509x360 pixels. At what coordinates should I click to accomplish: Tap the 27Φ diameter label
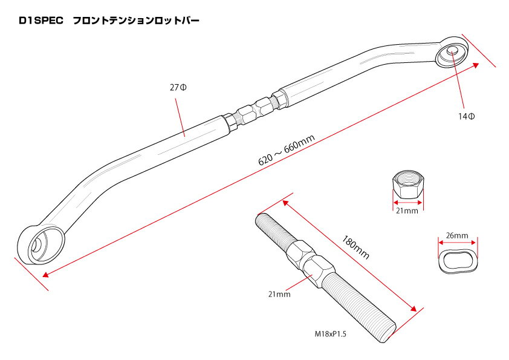coord(178,87)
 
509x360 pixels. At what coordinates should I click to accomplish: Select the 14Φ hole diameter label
coord(467,116)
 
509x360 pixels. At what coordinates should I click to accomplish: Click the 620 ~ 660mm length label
coord(287,150)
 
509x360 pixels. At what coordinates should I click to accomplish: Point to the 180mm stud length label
coord(355,247)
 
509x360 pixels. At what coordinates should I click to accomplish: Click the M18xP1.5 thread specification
coord(331,334)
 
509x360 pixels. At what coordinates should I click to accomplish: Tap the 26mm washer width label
coord(457,235)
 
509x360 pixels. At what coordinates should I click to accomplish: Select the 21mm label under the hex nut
coord(407,211)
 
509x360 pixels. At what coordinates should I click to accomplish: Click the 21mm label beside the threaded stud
coord(279,295)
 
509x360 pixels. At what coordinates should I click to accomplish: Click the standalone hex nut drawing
coord(407,185)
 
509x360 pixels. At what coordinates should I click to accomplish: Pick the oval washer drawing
coord(458,259)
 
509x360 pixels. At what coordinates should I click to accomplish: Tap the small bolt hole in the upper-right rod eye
coord(452,51)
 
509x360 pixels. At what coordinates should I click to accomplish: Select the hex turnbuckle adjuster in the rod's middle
coord(254,111)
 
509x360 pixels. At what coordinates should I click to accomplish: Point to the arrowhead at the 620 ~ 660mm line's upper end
coord(475,65)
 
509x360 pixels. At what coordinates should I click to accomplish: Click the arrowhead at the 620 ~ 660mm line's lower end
coord(46,275)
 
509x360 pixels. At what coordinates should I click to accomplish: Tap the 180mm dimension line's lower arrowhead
coord(413,308)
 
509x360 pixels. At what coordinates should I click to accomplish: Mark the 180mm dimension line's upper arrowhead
coord(286,203)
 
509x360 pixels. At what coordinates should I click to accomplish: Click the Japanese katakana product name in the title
coord(136,21)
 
